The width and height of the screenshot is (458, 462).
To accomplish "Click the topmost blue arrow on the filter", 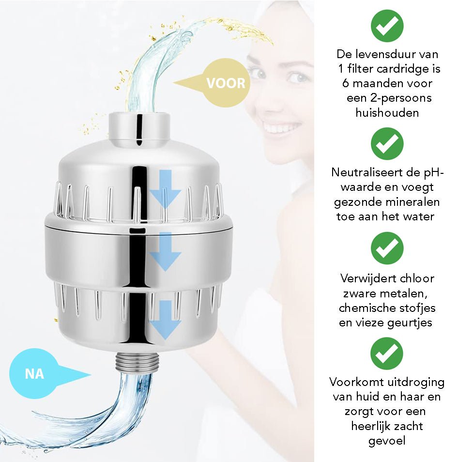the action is pos(165,188).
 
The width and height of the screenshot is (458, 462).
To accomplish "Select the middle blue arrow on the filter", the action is pos(165,251).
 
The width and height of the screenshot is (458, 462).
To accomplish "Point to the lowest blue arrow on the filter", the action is pos(165,320).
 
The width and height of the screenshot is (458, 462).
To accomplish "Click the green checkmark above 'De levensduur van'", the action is pos(387,26).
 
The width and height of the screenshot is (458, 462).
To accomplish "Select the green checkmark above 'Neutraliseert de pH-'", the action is pos(387,143).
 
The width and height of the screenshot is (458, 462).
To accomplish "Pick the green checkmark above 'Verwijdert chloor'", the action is pos(387,248).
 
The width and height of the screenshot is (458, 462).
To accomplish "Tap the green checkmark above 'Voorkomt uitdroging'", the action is pos(387,354).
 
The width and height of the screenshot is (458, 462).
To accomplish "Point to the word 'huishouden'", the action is pos(387,113).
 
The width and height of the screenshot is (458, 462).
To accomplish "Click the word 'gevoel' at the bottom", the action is pos(387,441).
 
